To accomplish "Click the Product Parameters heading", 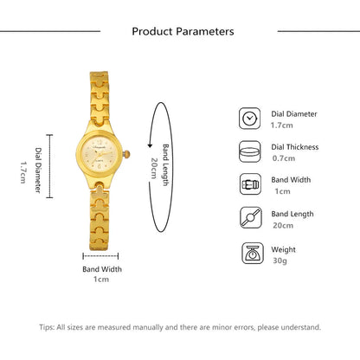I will pos(183,31).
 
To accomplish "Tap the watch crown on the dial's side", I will pos(128,153).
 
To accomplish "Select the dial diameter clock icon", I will pos(250,119).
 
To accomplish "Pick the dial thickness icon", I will pos(250,151).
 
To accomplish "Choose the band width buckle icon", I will pos(250,183).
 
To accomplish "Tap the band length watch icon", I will pos(250,218).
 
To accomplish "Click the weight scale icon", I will pos(250,254).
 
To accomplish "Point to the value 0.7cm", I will pos(282,157).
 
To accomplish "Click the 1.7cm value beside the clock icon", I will pos(282,125).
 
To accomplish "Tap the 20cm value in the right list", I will pos(281,227).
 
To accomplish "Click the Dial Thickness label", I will pos(295,146).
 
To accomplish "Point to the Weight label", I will pos(283,249).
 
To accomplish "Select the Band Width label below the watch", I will pos(102,269).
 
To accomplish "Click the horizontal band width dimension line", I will pos(101,255).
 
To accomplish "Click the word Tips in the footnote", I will pos(48,327).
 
